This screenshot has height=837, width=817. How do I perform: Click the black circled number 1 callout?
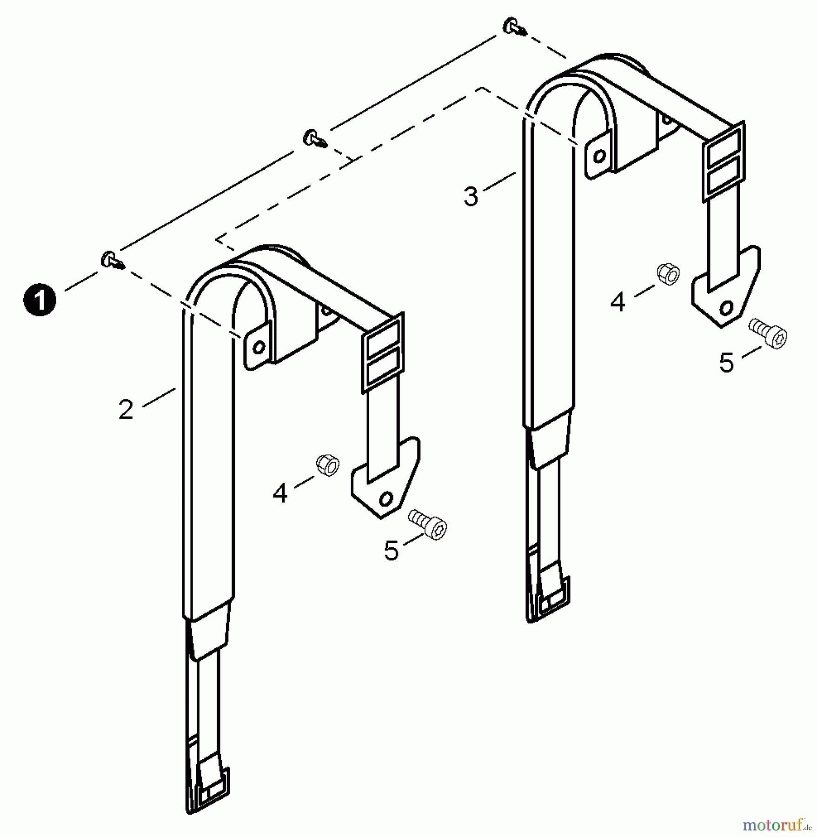(x=40, y=300)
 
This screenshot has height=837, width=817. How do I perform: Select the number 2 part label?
(x=126, y=410)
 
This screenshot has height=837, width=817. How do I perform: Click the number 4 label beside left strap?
(x=280, y=493)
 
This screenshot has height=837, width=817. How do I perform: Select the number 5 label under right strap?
(x=726, y=363)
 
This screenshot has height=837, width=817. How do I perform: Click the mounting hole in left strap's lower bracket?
(x=385, y=499)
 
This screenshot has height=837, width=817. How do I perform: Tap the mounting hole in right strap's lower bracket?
(x=725, y=307)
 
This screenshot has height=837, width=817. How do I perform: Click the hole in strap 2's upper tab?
(x=259, y=347)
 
